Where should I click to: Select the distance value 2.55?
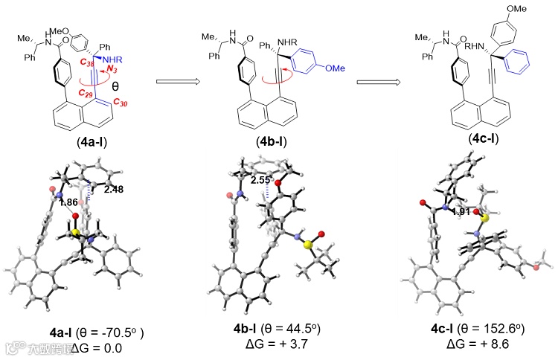(260, 179)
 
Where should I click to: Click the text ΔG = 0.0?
(78, 346)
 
